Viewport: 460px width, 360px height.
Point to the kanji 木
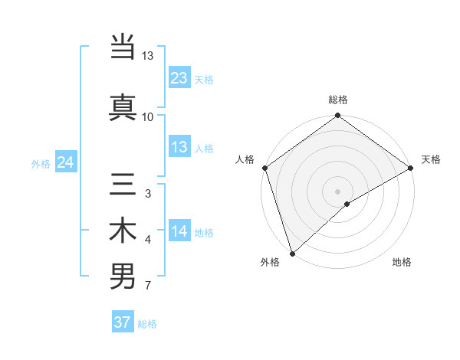(x=123, y=232)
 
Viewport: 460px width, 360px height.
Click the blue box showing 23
(x=179, y=78)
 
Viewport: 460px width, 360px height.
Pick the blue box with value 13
(x=179, y=147)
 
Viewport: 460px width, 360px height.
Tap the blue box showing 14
(x=179, y=232)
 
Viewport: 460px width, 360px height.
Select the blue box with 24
(x=66, y=162)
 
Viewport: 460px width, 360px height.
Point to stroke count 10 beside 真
(x=148, y=116)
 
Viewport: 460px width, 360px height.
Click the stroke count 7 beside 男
(x=147, y=286)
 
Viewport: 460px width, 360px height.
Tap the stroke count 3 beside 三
(x=147, y=194)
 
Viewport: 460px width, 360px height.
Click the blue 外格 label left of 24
(x=41, y=163)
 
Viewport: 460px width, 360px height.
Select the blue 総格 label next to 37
(x=147, y=323)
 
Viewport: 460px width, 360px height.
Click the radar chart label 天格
(x=431, y=159)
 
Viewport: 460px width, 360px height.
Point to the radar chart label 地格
(x=402, y=262)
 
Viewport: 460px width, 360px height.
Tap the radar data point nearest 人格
(x=264, y=168)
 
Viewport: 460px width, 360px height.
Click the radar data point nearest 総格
(x=337, y=116)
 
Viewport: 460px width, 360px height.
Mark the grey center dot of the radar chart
(x=337, y=191)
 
